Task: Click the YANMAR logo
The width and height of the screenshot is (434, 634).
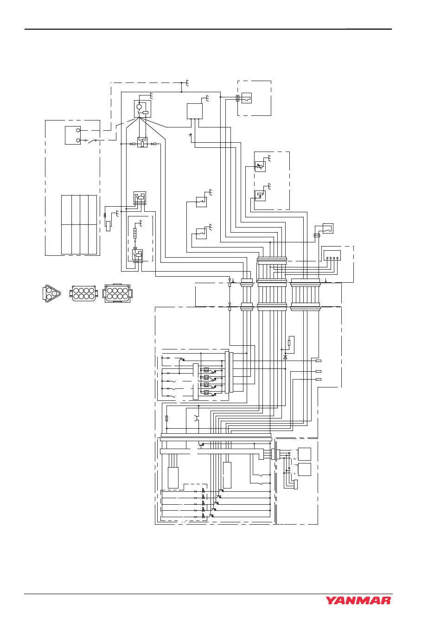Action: [358, 600]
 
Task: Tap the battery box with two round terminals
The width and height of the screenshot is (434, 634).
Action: [73, 135]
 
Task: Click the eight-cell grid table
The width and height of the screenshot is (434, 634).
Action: [79, 225]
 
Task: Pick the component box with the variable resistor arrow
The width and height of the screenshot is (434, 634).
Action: [260, 166]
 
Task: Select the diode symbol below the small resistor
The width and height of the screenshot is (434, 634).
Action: [285, 357]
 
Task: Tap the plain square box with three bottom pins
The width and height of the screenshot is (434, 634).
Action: [195, 111]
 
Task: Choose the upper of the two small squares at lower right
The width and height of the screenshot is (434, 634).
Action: [304, 454]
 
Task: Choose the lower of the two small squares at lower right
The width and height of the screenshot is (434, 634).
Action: [304, 469]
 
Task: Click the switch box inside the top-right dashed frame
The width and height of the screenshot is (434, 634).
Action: [246, 98]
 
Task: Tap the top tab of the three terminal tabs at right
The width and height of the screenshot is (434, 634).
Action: [319, 361]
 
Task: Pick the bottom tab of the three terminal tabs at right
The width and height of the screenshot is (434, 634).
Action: [319, 379]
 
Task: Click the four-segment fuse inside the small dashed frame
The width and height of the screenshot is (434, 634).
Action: [135, 233]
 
